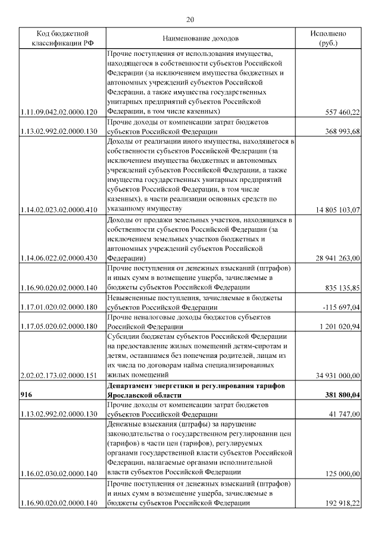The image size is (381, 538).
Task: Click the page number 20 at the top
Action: tap(190, 19)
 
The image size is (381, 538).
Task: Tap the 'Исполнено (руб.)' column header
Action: tap(328, 38)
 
